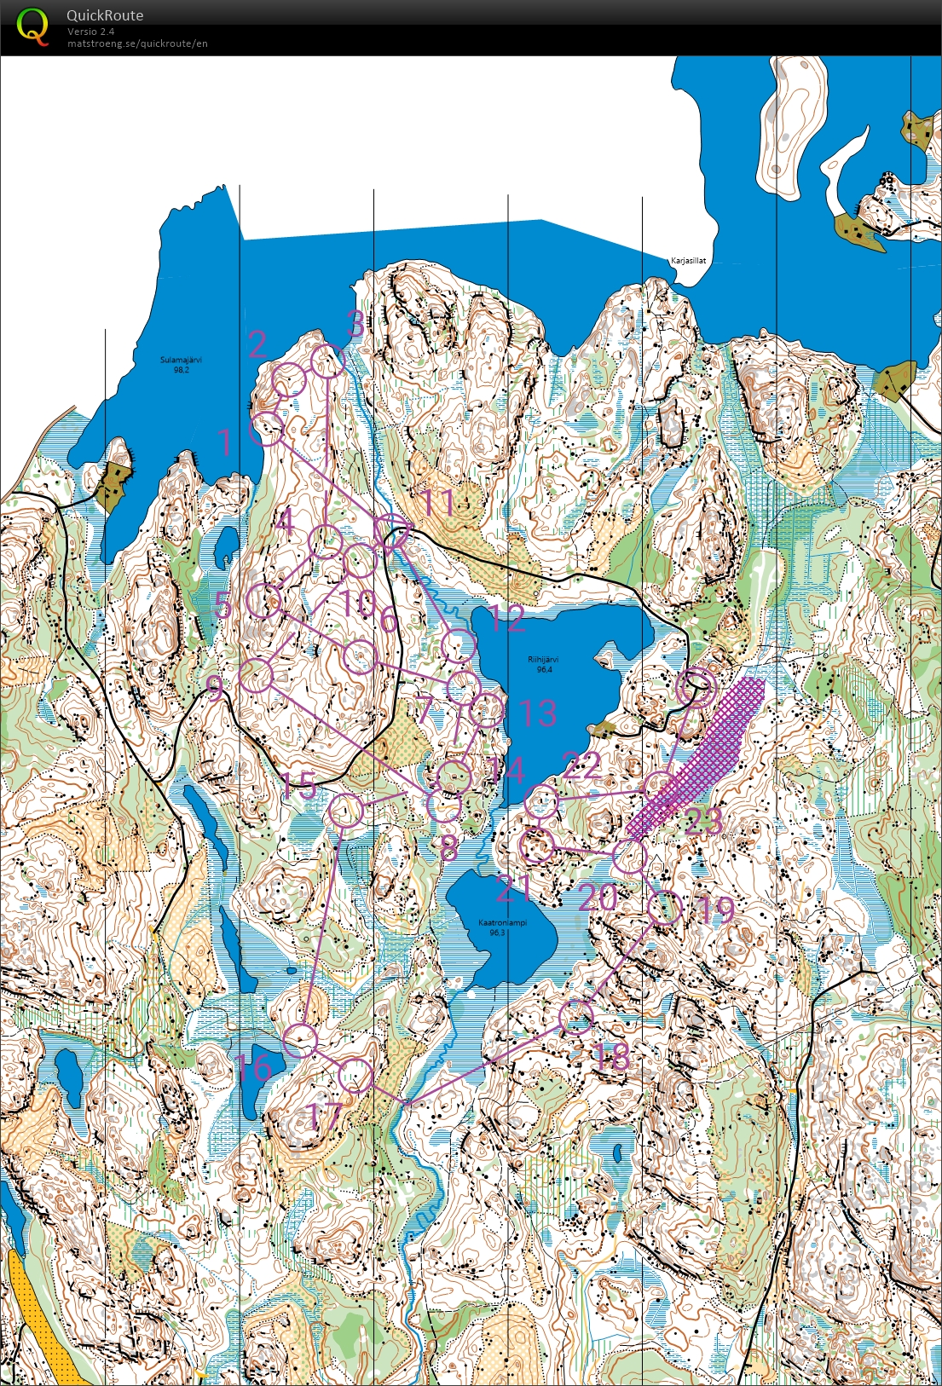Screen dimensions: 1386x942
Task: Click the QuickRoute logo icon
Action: click(32, 26)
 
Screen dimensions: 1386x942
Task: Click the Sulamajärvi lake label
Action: click(181, 365)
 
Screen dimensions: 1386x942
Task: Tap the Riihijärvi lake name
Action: click(543, 664)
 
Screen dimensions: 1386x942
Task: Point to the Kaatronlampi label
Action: click(502, 927)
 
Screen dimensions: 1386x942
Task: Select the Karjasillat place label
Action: click(688, 261)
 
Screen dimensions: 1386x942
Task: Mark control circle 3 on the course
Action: click(327, 361)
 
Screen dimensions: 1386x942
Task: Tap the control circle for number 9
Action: click(257, 676)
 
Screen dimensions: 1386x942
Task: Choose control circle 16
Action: click(301, 1039)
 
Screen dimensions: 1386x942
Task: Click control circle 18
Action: click(576, 1016)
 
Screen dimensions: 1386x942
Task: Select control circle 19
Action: click(665, 908)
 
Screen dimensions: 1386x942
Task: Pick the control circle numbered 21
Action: click(537, 846)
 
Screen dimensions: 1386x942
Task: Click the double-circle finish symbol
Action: click(695, 687)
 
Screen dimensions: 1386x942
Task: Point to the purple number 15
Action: click(299, 787)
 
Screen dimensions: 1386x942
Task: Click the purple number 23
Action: click(703, 821)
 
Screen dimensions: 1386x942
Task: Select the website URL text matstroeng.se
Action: click(137, 43)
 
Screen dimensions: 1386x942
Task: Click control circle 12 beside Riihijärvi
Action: click(459, 645)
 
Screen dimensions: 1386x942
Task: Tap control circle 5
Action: click(264, 602)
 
